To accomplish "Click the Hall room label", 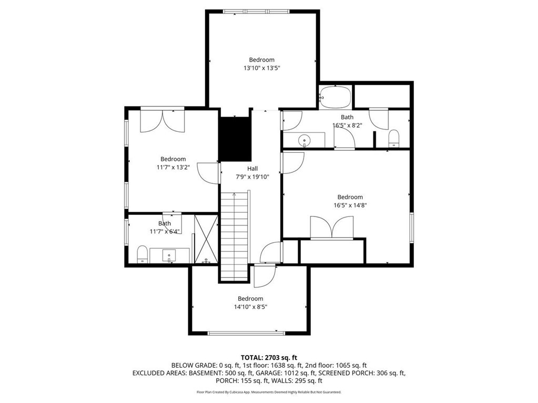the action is click(252, 169).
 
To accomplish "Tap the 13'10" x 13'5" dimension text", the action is click(262, 68).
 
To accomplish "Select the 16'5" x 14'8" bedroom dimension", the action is click(350, 205).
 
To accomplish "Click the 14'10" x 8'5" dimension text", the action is click(250, 307).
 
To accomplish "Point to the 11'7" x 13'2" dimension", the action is click(173, 167).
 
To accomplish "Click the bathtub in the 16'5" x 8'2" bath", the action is click(335, 97).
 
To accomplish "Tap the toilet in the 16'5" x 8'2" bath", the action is click(394, 138).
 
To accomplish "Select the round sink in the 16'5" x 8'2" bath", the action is click(304, 140).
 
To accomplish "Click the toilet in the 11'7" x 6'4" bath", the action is click(142, 254).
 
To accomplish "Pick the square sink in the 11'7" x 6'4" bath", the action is click(169, 255).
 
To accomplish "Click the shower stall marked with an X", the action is click(206, 239).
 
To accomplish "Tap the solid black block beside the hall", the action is click(236, 139).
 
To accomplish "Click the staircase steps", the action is click(234, 236).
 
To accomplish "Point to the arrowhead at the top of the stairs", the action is click(234, 194).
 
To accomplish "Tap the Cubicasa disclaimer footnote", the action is click(269, 392).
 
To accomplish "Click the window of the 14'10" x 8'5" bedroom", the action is click(246, 333).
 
